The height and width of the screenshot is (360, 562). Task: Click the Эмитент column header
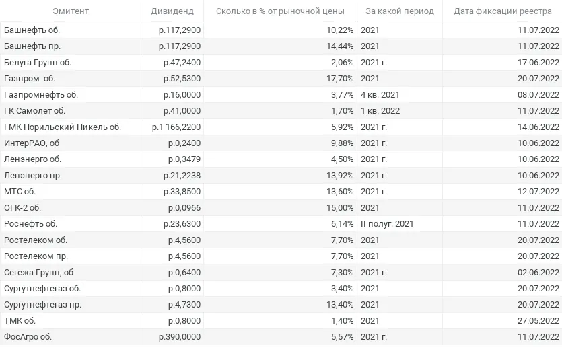click(x=71, y=11)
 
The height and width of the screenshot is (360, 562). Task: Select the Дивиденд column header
click(x=172, y=11)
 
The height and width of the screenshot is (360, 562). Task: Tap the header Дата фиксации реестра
click(x=503, y=11)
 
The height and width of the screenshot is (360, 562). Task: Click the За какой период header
click(x=400, y=11)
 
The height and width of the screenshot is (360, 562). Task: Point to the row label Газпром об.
click(x=30, y=79)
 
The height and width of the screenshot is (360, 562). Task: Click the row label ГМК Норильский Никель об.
click(x=63, y=127)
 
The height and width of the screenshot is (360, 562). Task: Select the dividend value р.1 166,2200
click(x=176, y=127)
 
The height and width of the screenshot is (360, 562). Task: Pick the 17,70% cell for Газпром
click(x=340, y=79)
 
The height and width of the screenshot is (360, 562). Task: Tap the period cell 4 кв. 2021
click(x=380, y=95)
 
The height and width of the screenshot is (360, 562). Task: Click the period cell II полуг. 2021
click(x=387, y=224)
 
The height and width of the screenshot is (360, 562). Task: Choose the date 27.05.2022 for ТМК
click(x=538, y=321)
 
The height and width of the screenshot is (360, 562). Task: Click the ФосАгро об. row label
click(x=28, y=337)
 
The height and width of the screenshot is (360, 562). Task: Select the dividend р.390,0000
click(x=180, y=337)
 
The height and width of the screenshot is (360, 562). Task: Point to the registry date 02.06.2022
click(x=538, y=273)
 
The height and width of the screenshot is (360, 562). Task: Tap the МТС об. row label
click(x=20, y=192)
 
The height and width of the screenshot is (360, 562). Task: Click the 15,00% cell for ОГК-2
click(x=340, y=208)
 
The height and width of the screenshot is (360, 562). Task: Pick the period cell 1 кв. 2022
click(x=380, y=111)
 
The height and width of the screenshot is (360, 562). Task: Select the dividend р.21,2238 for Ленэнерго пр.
click(x=182, y=176)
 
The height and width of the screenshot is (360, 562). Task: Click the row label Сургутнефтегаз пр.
click(x=42, y=305)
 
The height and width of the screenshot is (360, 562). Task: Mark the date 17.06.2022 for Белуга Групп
click(x=538, y=63)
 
